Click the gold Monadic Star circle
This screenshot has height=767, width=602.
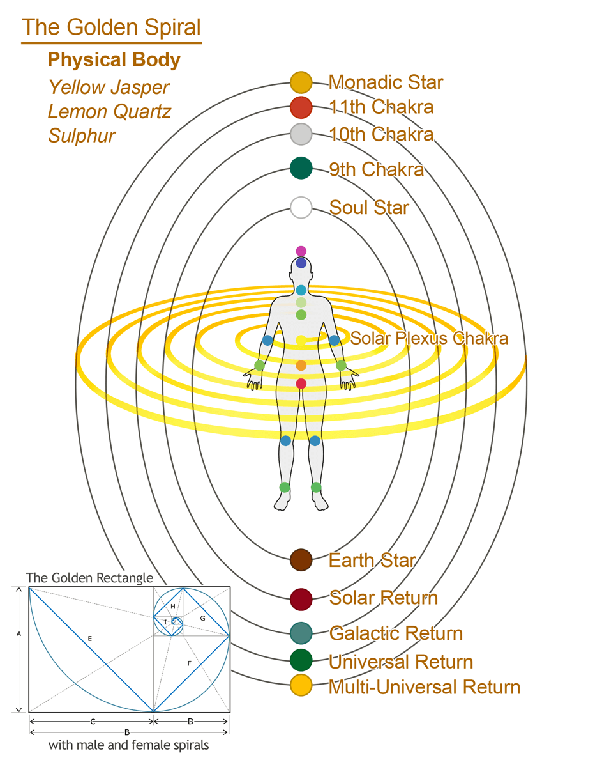[x=301, y=82]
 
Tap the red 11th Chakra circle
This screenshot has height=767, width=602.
[x=301, y=107]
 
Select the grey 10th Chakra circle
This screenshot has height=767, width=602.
[x=301, y=134]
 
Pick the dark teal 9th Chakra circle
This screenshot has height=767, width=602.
[x=301, y=168]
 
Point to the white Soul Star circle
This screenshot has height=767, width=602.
[x=301, y=208]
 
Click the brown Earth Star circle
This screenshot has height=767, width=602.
[x=301, y=560]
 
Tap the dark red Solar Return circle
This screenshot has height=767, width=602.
[x=301, y=600]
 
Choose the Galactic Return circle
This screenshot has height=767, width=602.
[x=301, y=633]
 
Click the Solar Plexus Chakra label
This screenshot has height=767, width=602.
[x=429, y=338]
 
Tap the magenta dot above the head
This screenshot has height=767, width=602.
[x=301, y=251]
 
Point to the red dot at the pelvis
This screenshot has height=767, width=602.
[x=301, y=383]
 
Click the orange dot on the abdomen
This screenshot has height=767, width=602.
[x=301, y=366]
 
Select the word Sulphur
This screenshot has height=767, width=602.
[x=82, y=136]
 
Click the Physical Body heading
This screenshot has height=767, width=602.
[x=114, y=59]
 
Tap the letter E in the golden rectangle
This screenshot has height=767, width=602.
[x=89, y=639]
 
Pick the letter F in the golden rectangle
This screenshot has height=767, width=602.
[x=189, y=663]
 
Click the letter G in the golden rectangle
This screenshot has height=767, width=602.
[x=202, y=618]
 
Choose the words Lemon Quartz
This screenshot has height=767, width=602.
[x=109, y=112]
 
